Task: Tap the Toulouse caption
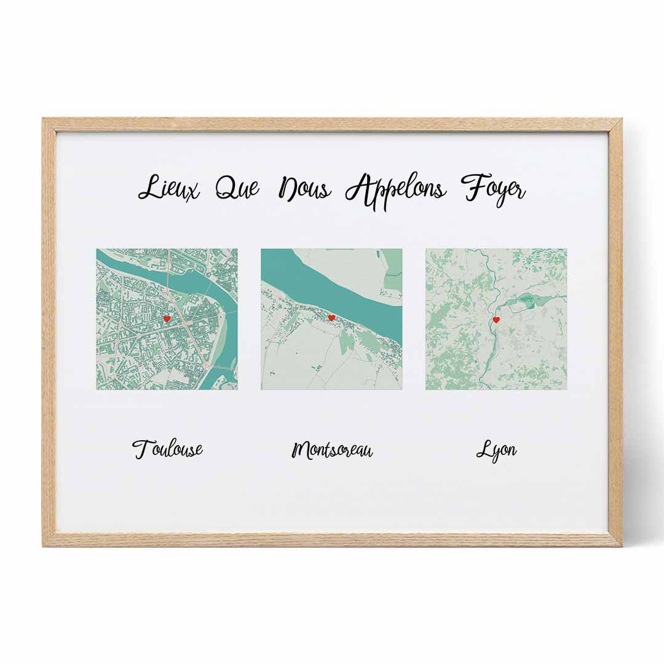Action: coord(168,449)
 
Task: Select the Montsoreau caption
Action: coord(332,450)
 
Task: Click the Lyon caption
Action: coord(496,450)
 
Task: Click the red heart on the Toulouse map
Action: coord(167,318)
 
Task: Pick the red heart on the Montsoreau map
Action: coord(331,318)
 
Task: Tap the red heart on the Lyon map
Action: coord(496,320)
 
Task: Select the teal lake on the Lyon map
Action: coord(528,302)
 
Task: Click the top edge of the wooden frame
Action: coord(332,125)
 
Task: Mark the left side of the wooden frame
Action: coord(49,332)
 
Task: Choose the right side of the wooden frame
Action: coord(615,332)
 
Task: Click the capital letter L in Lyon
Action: coord(483,450)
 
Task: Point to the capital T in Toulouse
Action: coord(141,448)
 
